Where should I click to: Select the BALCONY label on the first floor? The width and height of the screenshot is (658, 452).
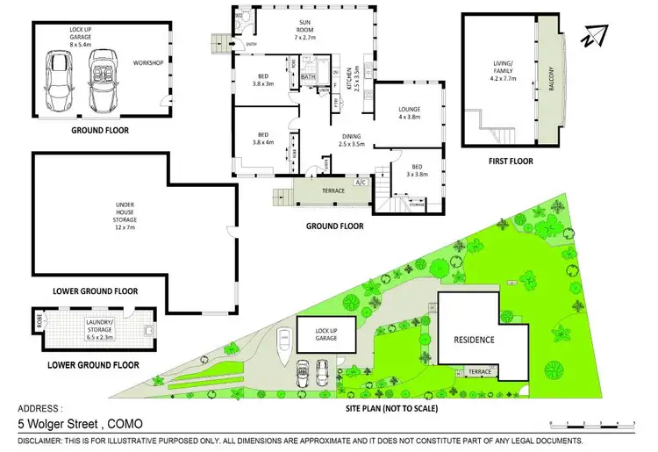[550, 84]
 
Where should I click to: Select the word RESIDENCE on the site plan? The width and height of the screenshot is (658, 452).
[474, 340]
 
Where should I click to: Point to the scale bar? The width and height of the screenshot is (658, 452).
[592, 423]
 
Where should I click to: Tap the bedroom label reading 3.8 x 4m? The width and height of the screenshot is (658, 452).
[263, 140]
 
